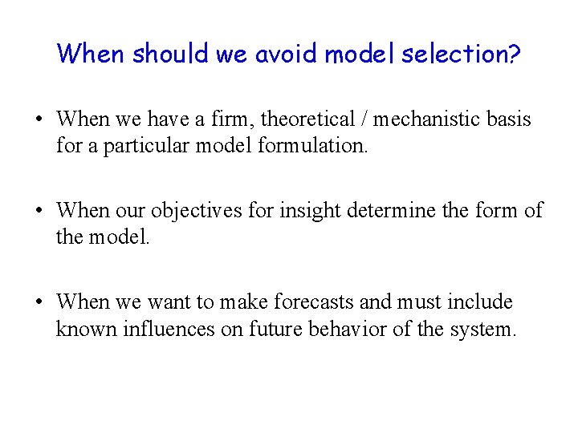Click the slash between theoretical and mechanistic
(364, 119)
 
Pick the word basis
(511, 119)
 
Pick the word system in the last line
(479, 330)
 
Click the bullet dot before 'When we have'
(39, 120)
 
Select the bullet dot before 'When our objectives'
(39, 212)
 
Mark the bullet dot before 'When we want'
(39, 303)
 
